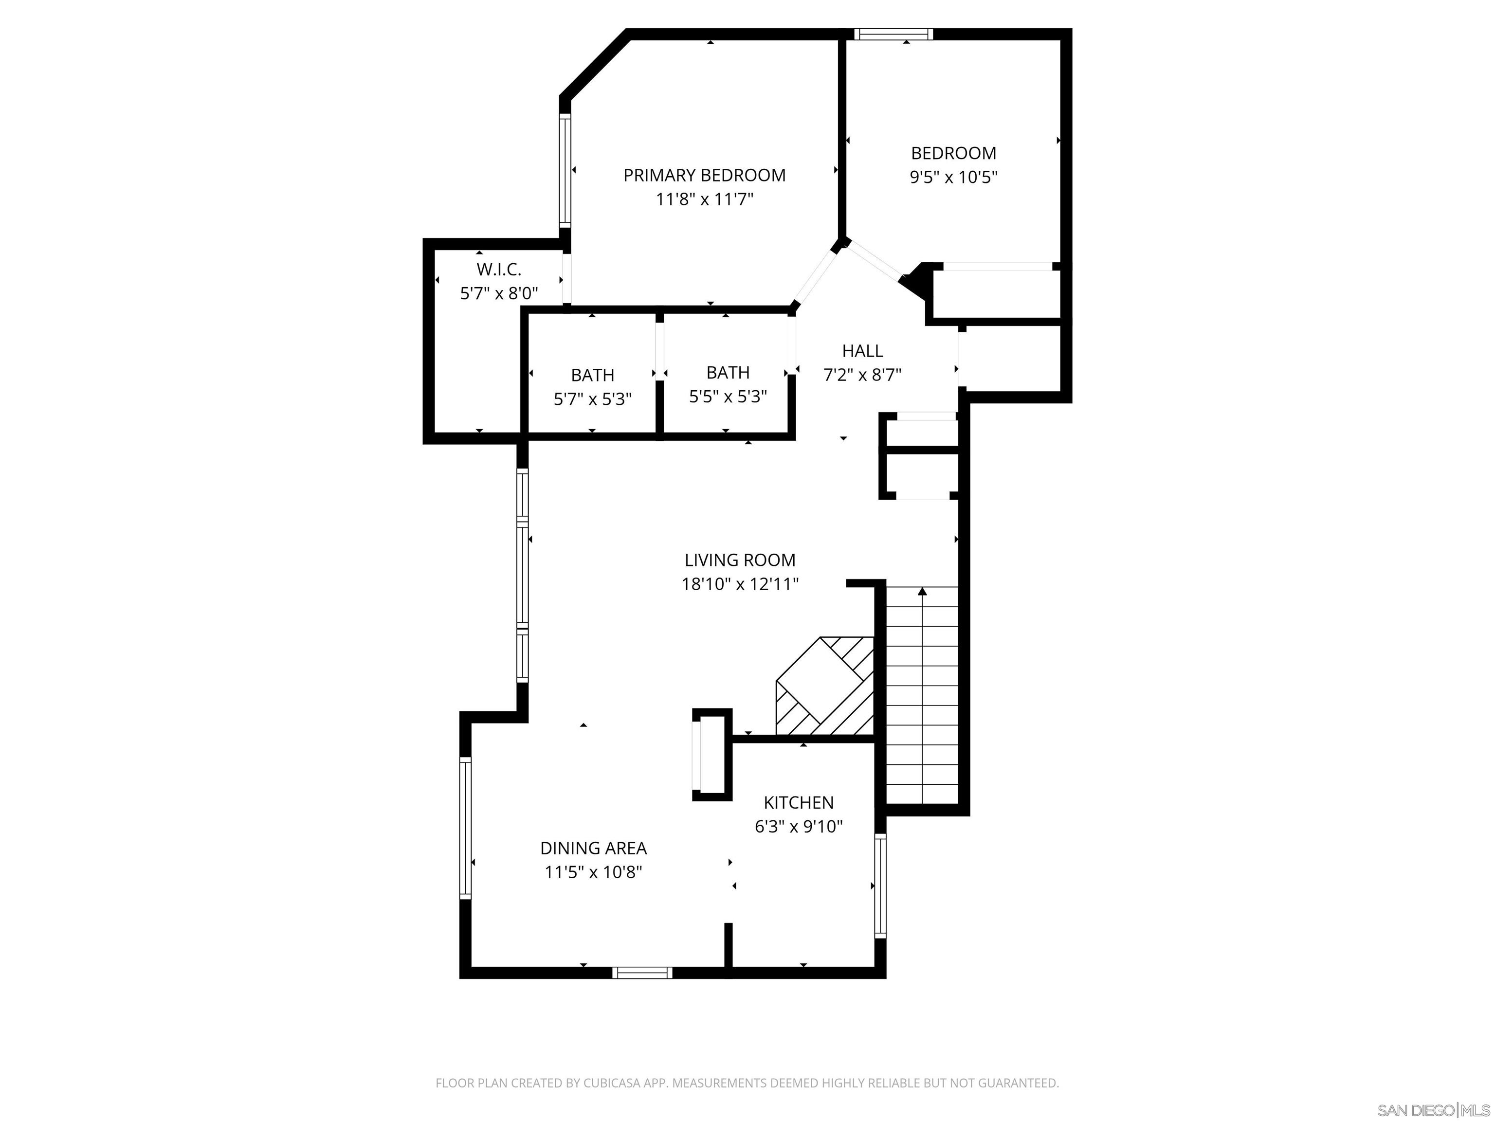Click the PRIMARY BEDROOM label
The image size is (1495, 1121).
click(704, 176)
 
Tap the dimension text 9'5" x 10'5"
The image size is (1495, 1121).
click(953, 178)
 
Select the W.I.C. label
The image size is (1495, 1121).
click(499, 270)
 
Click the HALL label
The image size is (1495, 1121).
click(862, 351)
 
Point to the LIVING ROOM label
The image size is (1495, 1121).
click(739, 560)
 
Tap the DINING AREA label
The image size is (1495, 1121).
click(593, 848)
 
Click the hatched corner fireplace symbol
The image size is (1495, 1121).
click(824, 686)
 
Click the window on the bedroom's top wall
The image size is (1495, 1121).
click(893, 34)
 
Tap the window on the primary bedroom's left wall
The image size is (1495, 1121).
click(565, 170)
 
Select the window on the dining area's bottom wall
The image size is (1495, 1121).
click(642, 972)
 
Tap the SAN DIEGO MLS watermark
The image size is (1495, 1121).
click(1433, 1110)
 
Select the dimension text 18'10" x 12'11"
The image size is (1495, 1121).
click(739, 584)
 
